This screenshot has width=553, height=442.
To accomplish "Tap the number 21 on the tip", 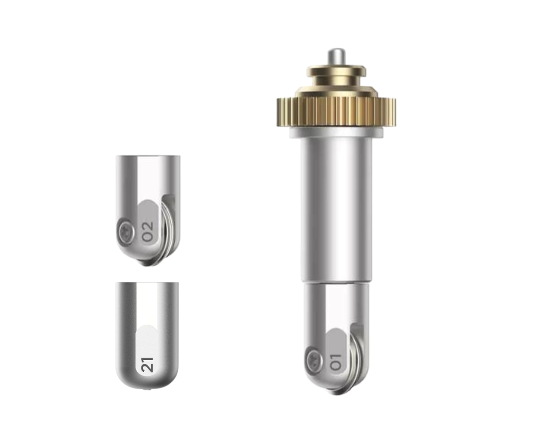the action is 148,365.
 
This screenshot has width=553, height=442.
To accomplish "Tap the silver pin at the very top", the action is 336,56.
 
